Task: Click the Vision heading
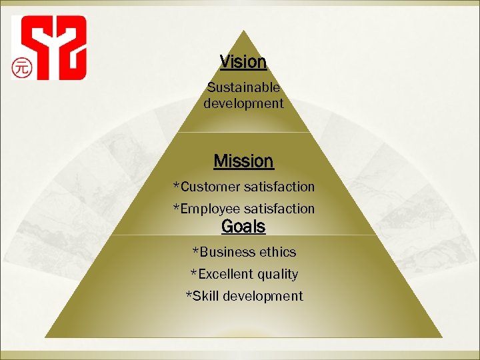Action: [x=243, y=62]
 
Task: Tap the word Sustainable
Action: [x=243, y=87]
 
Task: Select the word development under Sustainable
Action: [x=243, y=103]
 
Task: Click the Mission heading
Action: [x=243, y=161]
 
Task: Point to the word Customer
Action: [x=211, y=187]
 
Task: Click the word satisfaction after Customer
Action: [x=279, y=187]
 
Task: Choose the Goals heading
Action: [x=243, y=227]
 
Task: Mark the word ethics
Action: [x=279, y=252]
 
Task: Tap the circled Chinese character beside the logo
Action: [x=22, y=67]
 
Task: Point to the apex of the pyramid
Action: [x=244, y=32]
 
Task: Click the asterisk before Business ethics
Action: [x=195, y=251]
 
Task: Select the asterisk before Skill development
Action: [x=189, y=295]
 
